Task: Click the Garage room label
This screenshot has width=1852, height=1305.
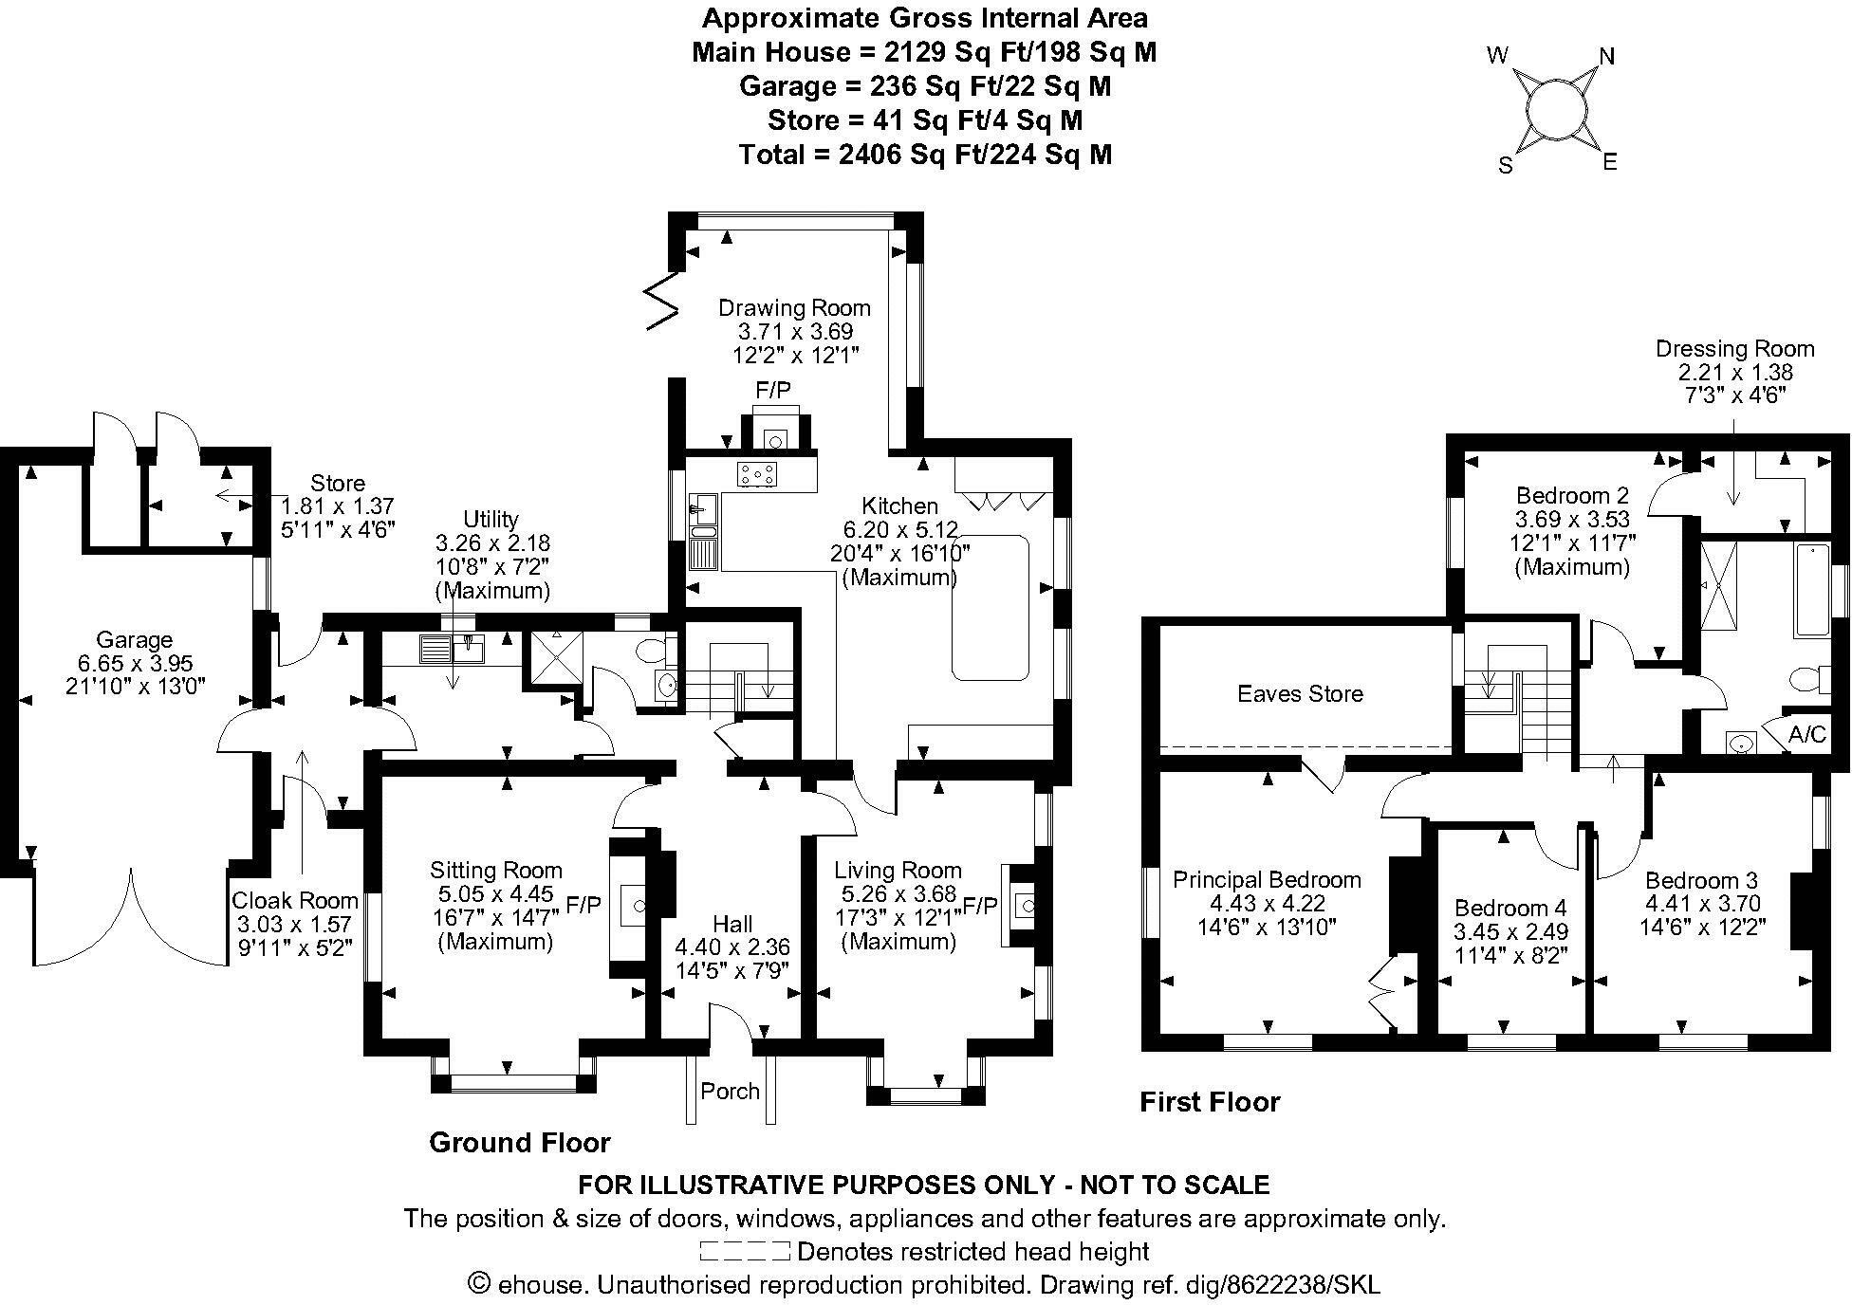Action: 134,639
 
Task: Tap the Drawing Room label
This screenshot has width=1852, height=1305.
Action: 794,307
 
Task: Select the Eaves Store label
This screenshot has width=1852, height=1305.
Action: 1300,693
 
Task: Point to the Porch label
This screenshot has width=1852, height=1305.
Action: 730,1091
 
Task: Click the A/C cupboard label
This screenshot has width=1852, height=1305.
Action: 1806,735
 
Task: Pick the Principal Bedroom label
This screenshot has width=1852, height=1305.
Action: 1267,879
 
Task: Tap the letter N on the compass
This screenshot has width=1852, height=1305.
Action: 1606,57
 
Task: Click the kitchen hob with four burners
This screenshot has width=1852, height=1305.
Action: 756,473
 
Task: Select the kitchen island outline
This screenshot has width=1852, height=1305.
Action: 991,607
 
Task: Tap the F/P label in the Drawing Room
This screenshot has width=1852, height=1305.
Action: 772,389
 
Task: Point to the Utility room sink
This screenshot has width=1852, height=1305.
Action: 470,649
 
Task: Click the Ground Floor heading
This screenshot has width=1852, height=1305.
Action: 519,1142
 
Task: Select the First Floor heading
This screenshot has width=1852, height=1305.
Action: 1210,1101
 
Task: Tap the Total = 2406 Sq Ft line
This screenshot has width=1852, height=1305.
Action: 925,154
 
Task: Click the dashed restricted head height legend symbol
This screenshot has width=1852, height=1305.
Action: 745,1251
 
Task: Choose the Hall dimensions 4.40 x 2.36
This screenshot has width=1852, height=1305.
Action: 732,947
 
